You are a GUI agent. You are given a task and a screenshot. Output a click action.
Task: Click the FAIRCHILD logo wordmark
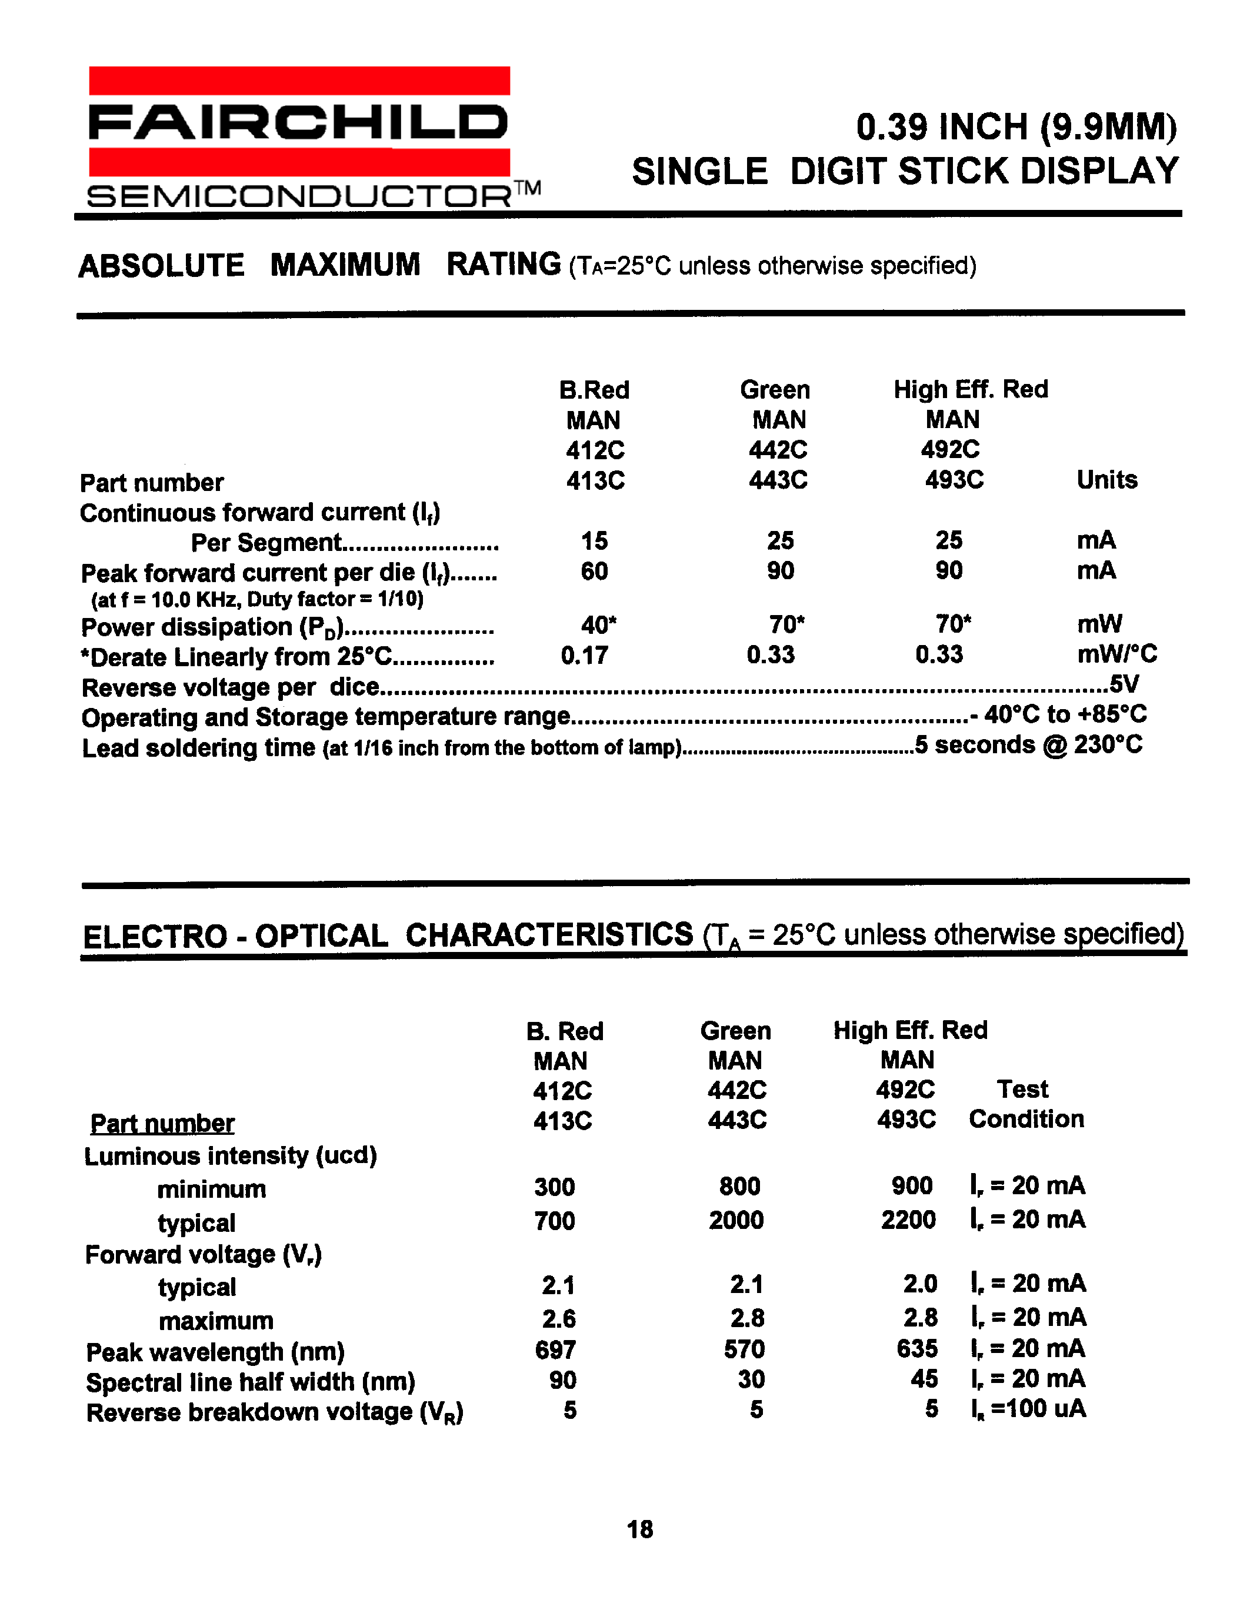(x=298, y=122)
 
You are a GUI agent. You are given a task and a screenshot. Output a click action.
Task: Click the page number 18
(x=640, y=1529)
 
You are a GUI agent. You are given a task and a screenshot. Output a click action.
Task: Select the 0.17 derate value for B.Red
(x=584, y=655)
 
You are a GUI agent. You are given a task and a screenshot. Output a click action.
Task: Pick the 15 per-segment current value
(x=594, y=541)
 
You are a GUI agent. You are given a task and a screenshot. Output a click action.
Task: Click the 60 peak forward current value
(x=594, y=572)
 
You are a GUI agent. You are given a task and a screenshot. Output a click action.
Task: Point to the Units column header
(x=1106, y=480)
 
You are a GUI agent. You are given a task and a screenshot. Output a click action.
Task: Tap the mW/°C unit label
(x=1116, y=654)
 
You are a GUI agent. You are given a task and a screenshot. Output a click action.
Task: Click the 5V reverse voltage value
(x=1124, y=684)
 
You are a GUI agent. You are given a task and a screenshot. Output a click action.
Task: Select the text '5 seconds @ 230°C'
(x=1029, y=745)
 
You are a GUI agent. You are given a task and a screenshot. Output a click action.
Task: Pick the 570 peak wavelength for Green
(x=744, y=1349)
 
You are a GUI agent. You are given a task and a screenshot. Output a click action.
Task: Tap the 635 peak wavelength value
(x=917, y=1349)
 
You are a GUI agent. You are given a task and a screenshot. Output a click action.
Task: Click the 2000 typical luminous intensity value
(x=736, y=1220)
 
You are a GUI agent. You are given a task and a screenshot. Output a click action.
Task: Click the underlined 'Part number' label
(x=162, y=1124)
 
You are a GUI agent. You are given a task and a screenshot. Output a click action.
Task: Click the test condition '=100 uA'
(x=1036, y=1409)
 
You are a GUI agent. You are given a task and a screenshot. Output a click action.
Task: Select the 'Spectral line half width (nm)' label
(x=251, y=1382)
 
